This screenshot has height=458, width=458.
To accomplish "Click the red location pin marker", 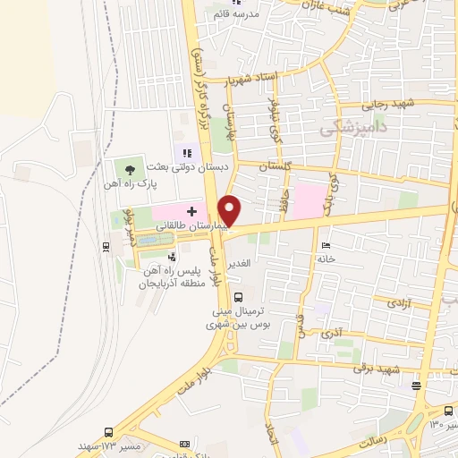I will click(x=230, y=209).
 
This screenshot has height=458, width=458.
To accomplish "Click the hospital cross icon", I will click(x=191, y=211).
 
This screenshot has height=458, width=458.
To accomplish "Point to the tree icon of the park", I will click(x=131, y=168).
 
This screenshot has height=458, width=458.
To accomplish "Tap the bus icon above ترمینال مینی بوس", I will click(x=238, y=297).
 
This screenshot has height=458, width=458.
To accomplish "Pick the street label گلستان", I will click(x=275, y=167).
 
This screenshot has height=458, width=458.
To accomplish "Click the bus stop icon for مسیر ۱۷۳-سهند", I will click(x=109, y=432).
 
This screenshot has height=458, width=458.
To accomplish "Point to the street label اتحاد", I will click(x=274, y=438).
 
